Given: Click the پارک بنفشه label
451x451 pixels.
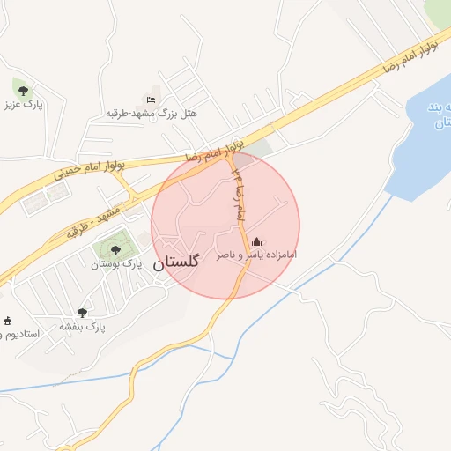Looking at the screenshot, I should (x=82, y=326).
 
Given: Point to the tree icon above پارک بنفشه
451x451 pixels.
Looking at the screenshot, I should (x=82, y=312).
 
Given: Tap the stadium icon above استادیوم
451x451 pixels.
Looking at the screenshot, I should (x=7, y=320).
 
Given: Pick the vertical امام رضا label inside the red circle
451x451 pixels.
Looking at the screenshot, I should (x=238, y=196).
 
